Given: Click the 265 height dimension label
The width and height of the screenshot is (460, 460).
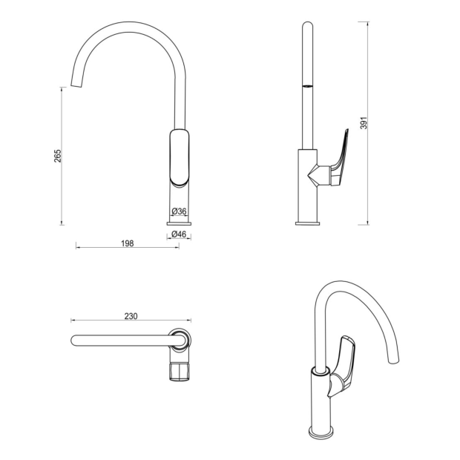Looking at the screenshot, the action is [x=58, y=156].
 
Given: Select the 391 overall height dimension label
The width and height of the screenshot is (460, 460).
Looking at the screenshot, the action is [x=364, y=123].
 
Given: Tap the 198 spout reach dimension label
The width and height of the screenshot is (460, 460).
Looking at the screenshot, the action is [x=128, y=243].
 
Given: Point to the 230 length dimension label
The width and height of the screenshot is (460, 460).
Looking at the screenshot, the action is [x=131, y=316].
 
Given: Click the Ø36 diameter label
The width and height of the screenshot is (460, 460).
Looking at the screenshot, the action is [x=179, y=211].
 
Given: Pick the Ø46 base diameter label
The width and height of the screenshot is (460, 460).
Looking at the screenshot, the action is [x=179, y=234].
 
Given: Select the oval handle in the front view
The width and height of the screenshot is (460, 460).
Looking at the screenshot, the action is [x=180, y=158].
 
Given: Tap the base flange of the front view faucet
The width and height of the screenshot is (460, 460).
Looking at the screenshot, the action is [x=179, y=223].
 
